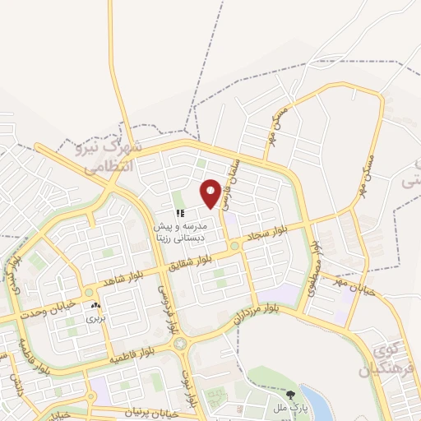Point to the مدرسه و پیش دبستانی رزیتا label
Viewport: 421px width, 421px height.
click(x=191, y=230)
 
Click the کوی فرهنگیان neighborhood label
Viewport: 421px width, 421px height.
click(x=386, y=360)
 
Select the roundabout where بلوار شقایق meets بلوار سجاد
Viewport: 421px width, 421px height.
click(x=234, y=245)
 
